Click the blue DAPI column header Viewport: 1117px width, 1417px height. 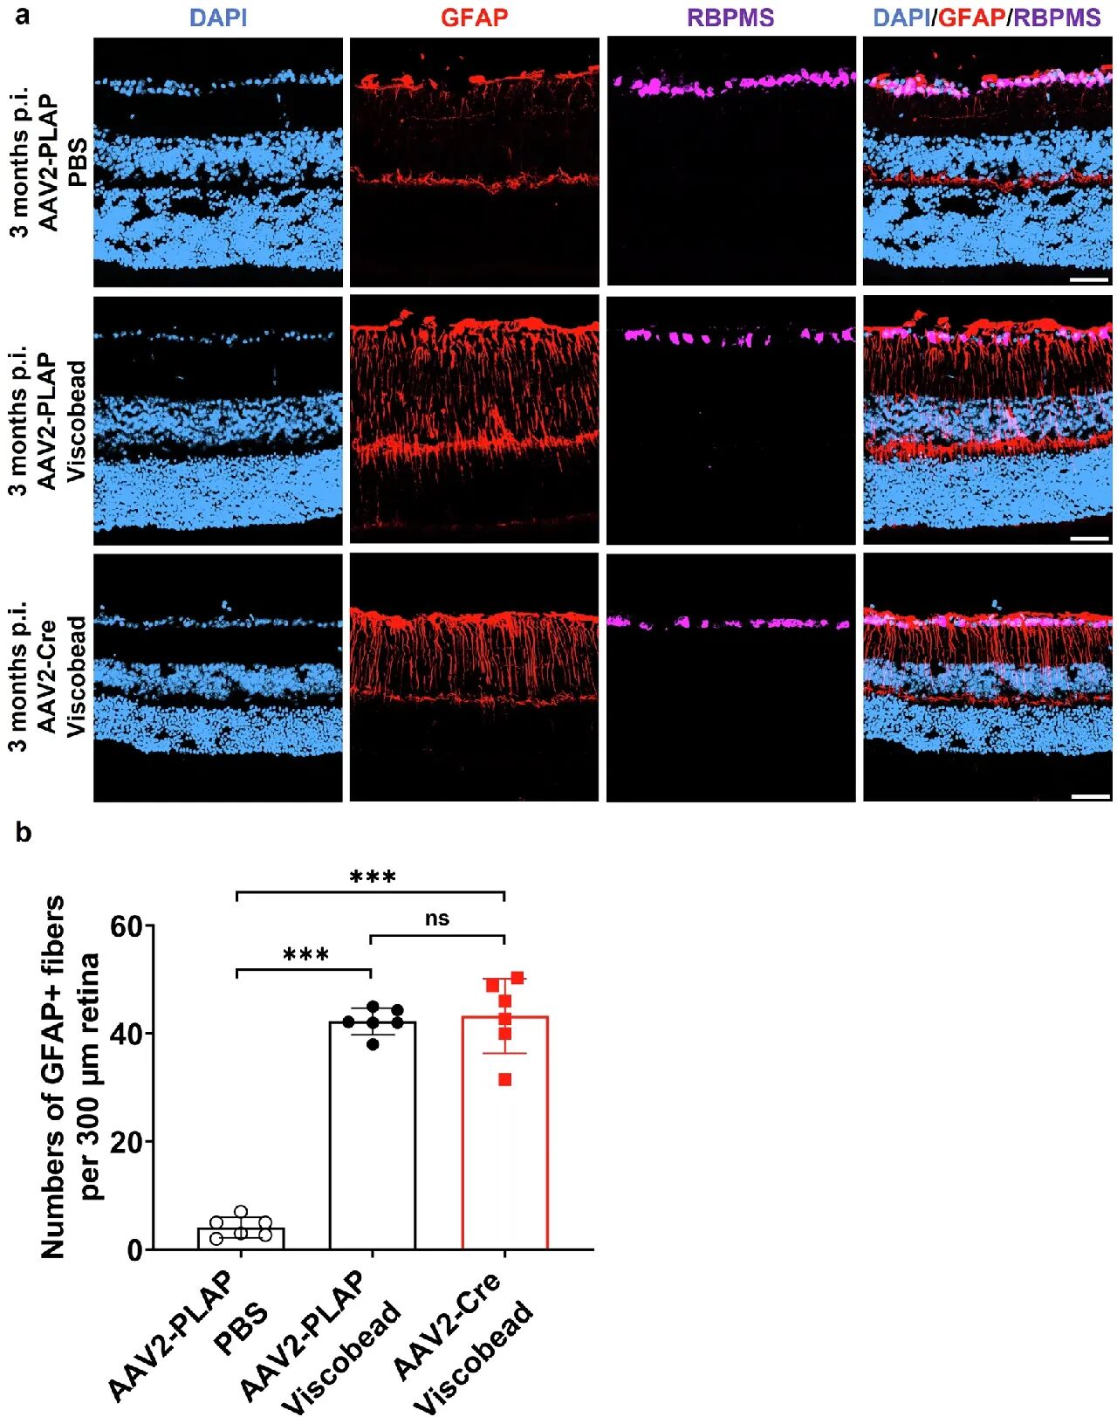[217, 17]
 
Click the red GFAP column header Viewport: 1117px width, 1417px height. [474, 17]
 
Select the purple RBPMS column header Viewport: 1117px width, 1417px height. [730, 17]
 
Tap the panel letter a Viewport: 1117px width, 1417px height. [22, 15]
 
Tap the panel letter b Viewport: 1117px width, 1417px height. [23, 833]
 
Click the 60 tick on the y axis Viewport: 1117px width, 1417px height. [126, 926]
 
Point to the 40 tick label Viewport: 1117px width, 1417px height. [126, 1034]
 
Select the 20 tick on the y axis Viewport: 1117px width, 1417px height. [126, 1142]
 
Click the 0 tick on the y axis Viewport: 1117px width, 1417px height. [134, 1250]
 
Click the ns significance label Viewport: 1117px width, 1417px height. [437, 918]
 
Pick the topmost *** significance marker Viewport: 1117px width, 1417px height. [373, 877]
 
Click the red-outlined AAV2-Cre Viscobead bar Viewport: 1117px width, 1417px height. [504, 1152]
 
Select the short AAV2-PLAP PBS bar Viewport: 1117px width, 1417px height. [241, 1239]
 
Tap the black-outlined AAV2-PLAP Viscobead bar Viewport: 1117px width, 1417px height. [373, 1152]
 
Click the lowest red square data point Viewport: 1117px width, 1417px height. [505, 1080]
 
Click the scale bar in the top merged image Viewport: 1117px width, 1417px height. [1089, 280]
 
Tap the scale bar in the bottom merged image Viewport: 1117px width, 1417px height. [1089, 796]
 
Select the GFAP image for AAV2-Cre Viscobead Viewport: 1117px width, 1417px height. [474, 678]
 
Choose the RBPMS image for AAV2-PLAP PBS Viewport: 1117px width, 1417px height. [731, 162]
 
